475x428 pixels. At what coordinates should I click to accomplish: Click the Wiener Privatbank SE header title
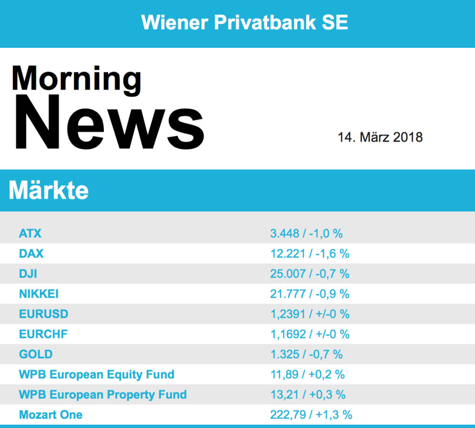point(244,22)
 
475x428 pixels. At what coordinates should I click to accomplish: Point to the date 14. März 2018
point(380,137)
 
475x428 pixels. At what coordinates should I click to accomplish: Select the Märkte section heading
point(49,190)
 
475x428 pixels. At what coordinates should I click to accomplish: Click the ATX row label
point(30,233)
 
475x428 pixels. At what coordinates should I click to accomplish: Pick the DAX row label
point(31,253)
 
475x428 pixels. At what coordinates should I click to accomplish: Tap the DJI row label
point(28,273)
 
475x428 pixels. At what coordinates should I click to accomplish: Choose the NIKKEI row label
point(39,294)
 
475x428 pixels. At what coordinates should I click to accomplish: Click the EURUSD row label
point(44,314)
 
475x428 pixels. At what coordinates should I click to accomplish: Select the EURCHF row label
point(44,334)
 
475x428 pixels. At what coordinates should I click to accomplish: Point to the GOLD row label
point(36,354)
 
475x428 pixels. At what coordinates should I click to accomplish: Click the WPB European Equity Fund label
point(96,374)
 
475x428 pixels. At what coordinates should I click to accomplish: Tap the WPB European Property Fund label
point(103,395)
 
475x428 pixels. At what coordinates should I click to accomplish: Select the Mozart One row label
point(51,415)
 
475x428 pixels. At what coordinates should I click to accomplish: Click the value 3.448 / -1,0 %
point(306,233)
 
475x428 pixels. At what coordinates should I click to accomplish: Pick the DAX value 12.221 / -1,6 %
point(309,253)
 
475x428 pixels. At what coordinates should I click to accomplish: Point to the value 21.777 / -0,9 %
point(309,294)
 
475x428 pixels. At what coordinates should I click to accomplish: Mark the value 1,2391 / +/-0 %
point(309,314)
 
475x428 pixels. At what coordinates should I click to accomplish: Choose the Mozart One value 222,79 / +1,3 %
point(311,415)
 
